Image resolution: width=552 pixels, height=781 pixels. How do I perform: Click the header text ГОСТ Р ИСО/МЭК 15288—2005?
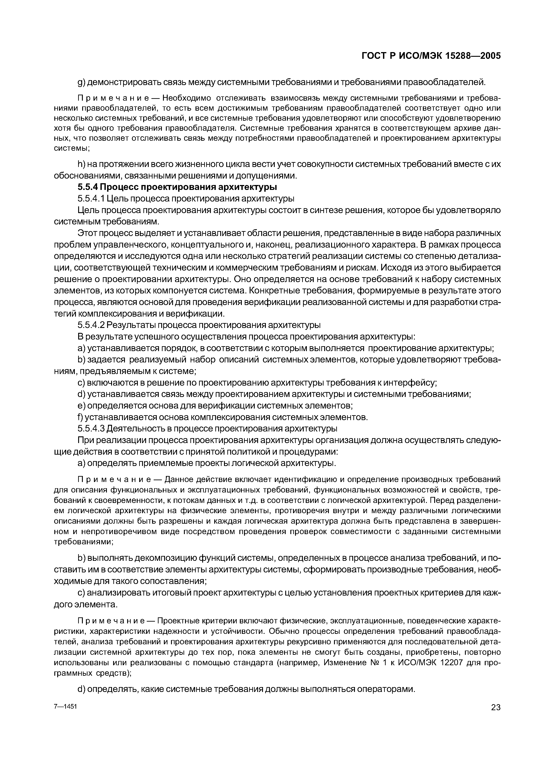click(431, 56)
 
